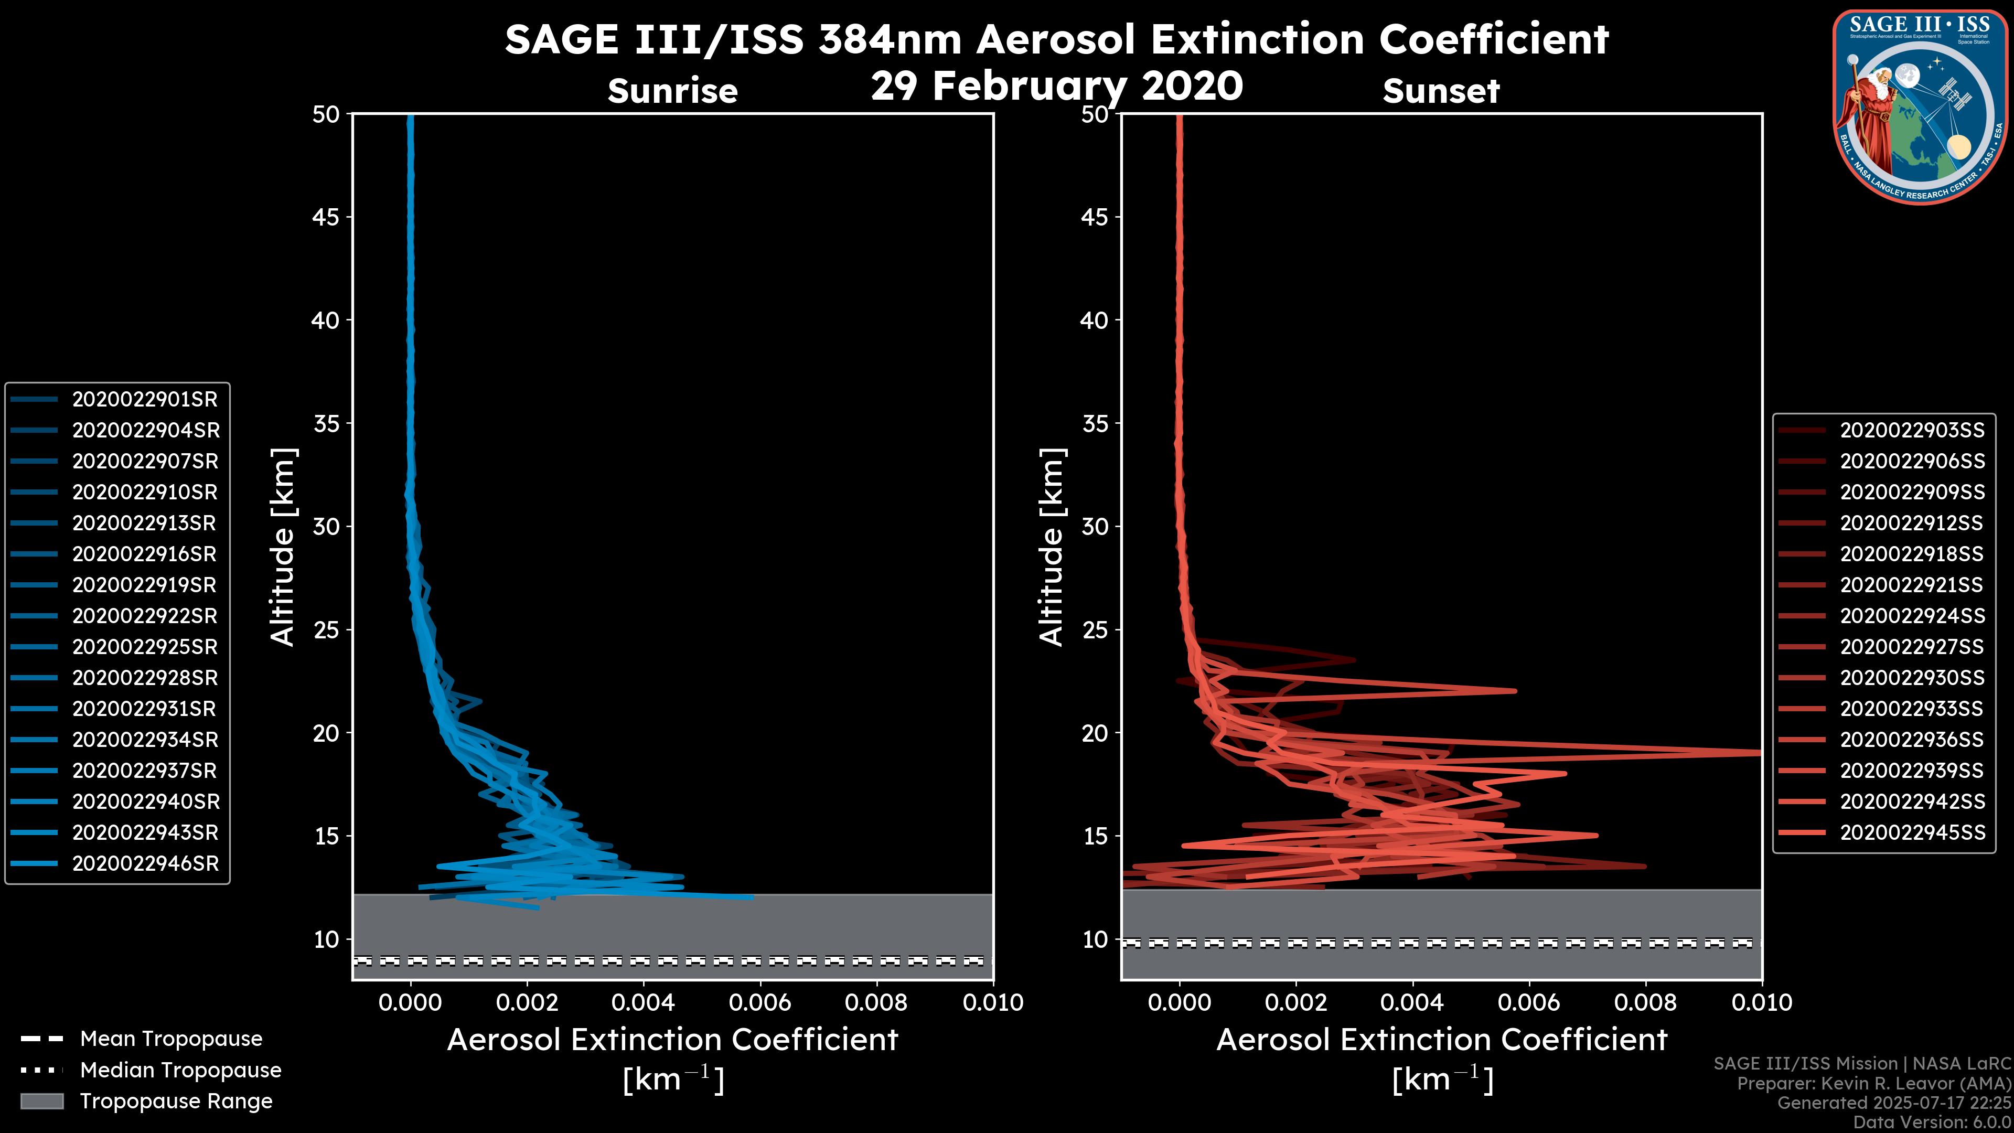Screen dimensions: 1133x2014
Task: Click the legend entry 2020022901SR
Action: (x=145, y=400)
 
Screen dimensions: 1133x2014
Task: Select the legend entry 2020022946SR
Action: (x=145, y=864)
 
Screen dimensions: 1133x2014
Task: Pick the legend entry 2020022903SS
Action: (x=1912, y=431)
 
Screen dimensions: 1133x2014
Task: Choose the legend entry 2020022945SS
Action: (x=1912, y=833)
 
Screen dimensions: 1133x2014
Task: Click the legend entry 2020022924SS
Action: (x=1912, y=616)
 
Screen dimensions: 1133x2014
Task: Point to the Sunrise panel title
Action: (x=672, y=91)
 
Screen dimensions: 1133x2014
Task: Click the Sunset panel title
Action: (x=1441, y=91)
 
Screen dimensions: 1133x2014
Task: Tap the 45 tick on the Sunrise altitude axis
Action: (x=326, y=217)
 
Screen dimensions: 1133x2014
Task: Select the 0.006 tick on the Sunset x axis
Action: (x=1529, y=1002)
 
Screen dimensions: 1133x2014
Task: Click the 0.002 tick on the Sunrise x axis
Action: (x=527, y=1002)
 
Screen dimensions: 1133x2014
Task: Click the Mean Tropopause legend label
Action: (x=171, y=1039)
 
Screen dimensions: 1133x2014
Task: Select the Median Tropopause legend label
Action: (x=180, y=1071)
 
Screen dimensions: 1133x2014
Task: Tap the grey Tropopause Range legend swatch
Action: (x=42, y=1102)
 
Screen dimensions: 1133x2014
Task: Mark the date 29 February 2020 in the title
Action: (x=1056, y=86)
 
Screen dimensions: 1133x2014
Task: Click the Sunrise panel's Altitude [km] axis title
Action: (x=283, y=547)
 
